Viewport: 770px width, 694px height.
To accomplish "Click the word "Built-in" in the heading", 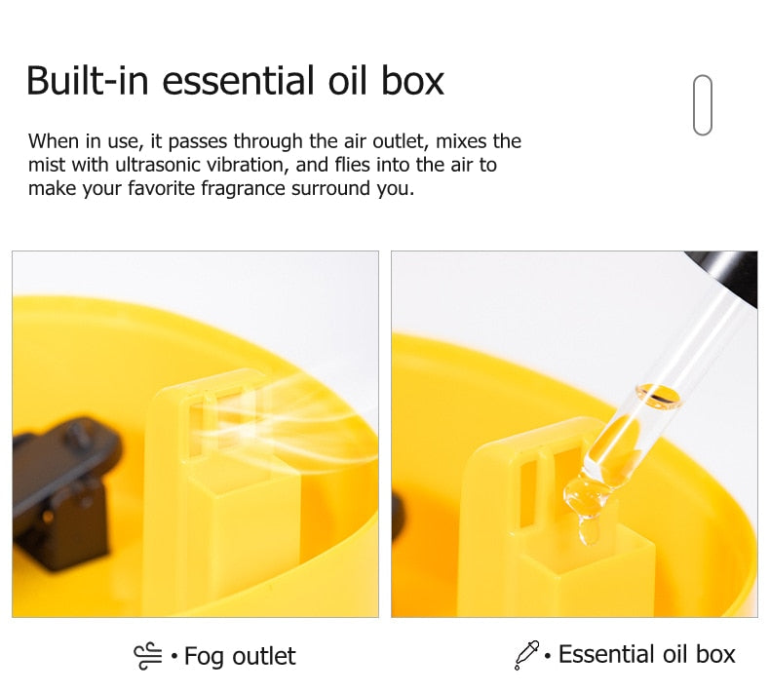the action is pyautogui.click(x=88, y=81).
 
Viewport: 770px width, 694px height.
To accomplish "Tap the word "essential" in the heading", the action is pyautogui.click(x=238, y=81).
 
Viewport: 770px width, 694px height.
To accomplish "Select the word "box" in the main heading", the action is pyautogui.click(x=412, y=81).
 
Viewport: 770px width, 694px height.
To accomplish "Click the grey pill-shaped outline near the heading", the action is pyautogui.click(x=703, y=104).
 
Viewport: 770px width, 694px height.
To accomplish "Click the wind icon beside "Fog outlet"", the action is pyautogui.click(x=148, y=656).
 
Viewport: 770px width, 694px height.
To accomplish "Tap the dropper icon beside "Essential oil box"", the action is pyautogui.click(x=526, y=655).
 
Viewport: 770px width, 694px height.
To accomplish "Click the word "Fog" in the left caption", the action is pyautogui.click(x=204, y=657).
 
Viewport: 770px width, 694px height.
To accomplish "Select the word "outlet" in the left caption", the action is pyautogui.click(x=264, y=656).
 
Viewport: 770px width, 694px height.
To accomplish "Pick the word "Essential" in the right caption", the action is pyautogui.click(x=607, y=654).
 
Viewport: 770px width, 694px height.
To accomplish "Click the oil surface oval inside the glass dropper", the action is pyautogui.click(x=659, y=396).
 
